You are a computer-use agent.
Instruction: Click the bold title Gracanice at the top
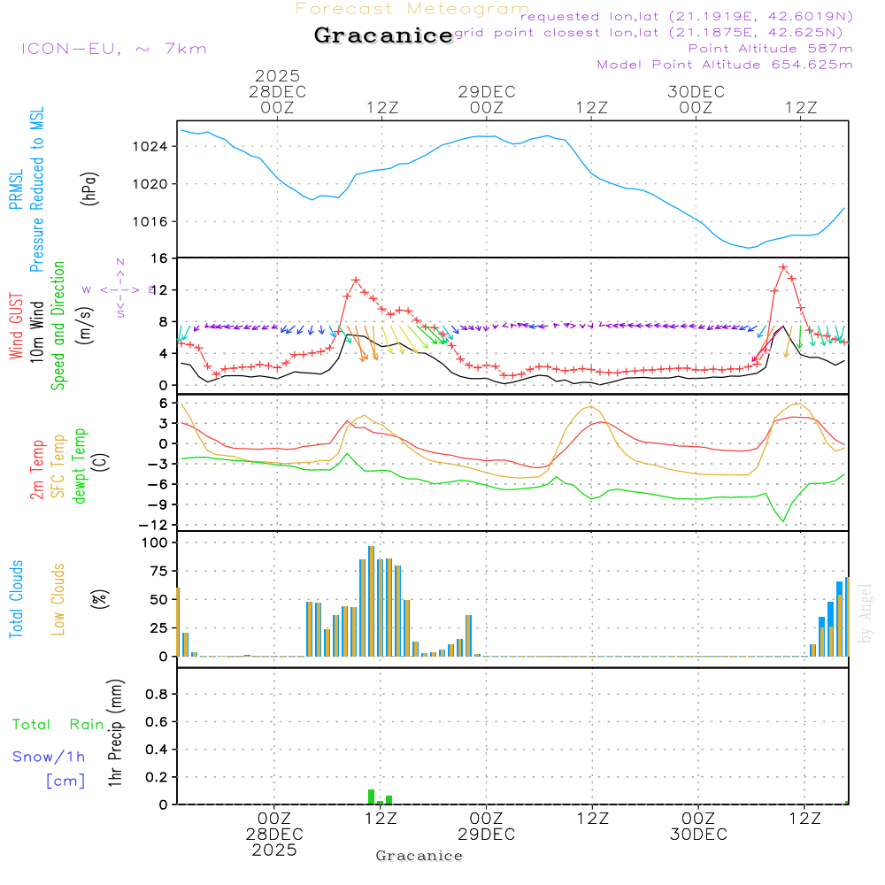(383, 35)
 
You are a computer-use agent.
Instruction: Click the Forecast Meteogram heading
(412, 9)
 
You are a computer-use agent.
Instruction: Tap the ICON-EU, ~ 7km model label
(113, 48)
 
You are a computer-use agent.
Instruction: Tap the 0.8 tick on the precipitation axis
(157, 695)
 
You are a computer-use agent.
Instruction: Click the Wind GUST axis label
(17, 328)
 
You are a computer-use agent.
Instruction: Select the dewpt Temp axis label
(80, 466)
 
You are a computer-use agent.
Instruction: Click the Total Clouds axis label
(17, 599)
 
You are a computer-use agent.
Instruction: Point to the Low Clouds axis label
(59, 599)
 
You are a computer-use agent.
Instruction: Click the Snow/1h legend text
(50, 757)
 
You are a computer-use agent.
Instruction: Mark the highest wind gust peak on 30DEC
(783, 266)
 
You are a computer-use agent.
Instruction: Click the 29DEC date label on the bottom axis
(486, 835)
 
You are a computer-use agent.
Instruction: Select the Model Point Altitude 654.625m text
(725, 65)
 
